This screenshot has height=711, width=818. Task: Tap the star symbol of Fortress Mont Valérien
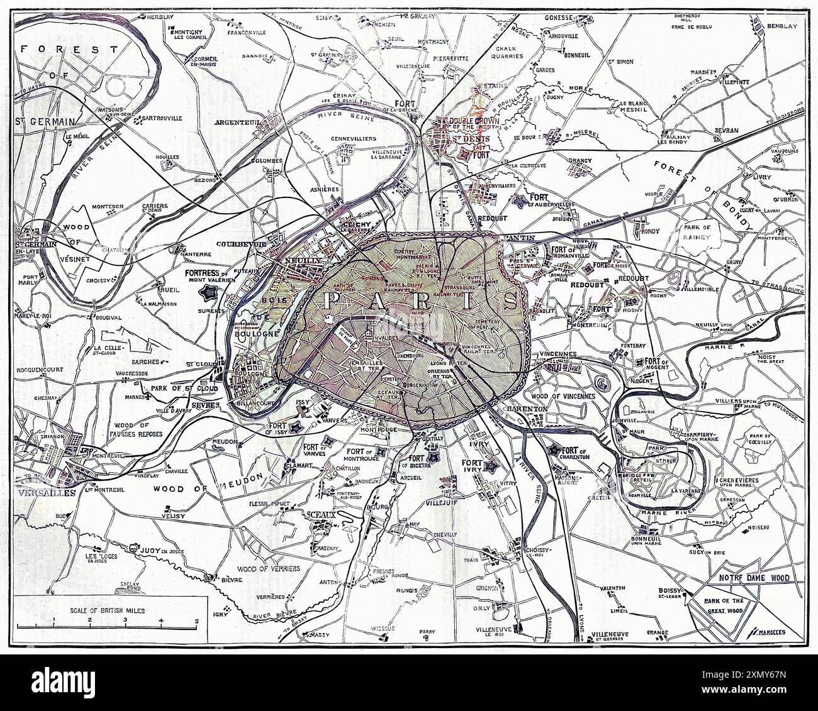[208, 292]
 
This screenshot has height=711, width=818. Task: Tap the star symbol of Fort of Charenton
[554, 450]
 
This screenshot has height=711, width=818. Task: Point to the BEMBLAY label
[782, 26]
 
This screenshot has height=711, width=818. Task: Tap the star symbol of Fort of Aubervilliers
[520, 201]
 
